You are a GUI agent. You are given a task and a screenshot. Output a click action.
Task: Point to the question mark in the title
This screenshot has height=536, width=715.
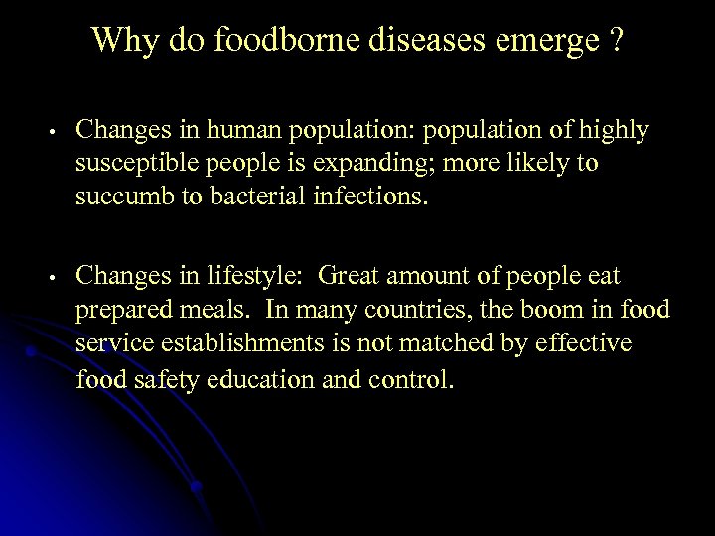(616, 40)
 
